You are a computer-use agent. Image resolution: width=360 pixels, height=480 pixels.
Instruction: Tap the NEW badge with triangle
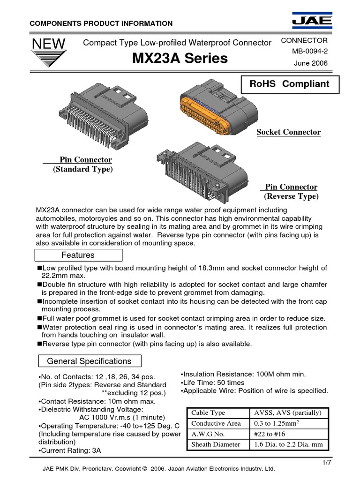click(49, 55)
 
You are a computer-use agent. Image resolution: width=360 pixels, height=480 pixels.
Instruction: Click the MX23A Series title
click(177, 59)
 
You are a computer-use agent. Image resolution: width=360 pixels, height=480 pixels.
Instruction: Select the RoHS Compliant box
click(289, 84)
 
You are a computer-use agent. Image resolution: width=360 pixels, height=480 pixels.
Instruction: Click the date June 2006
click(310, 63)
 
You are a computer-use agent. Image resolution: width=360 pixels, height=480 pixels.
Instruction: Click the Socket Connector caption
click(288, 132)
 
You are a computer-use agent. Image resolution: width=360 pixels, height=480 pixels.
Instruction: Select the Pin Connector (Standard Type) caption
click(83, 165)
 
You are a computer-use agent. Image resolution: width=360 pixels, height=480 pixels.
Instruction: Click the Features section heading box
click(78, 255)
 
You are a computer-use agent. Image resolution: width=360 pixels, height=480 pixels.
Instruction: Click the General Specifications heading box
click(89, 361)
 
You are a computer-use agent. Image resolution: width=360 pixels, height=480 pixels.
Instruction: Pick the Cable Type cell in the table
click(208, 413)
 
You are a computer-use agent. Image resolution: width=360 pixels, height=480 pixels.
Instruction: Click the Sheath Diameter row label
click(216, 444)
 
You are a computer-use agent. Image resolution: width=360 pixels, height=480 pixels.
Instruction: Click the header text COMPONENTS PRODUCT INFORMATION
click(101, 23)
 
